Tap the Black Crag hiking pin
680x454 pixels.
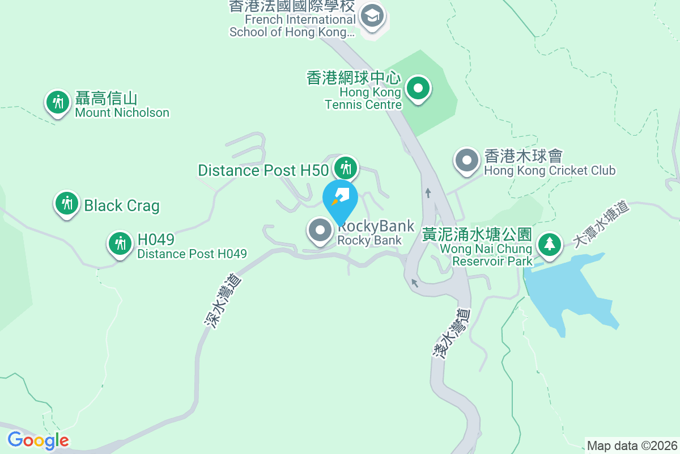click(x=67, y=203)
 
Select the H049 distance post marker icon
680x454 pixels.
click(x=120, y=243)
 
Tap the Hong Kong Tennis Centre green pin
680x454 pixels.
click(x=418, y=89)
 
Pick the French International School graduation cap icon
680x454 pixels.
click(x=372, y=15)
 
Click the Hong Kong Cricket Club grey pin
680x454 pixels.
click(x=467, y=160)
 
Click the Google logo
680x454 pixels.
click(x=38, y=440)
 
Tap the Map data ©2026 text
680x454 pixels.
click(x=632, y=445)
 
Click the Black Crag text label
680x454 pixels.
click(x=121, y=205)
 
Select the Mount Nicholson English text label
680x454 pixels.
click(x=122, y=112)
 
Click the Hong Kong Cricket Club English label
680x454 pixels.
click(x=549, y=170)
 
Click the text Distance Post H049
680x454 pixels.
click(x=192, y=254)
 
